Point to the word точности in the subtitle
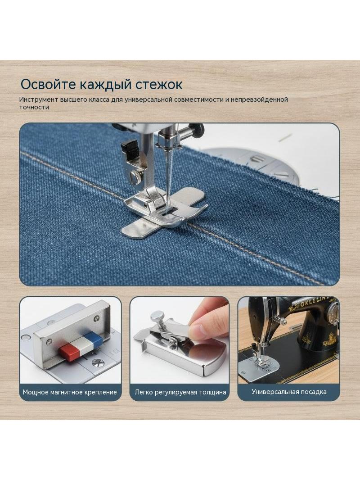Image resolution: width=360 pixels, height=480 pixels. pyautogui.click(x=34, y=108)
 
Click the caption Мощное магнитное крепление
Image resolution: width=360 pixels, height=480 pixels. pyautogui.click(x=70, y=392)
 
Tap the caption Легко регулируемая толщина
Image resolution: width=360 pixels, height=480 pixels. pyautogui.click(x=180, y=392)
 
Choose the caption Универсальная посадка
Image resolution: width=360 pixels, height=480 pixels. pyautogui.click(x=289, y=392)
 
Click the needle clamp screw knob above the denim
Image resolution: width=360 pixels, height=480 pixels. pyautogui.click(x=196, y=129)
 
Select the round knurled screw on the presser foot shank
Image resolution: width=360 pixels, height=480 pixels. pyautogui.click(x=135, y=176)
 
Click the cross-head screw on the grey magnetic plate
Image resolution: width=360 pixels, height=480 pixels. pyautogui.click(x=98, y=363)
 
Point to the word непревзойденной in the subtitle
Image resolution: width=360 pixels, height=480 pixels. pyautogui.click(x=259, y=100)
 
